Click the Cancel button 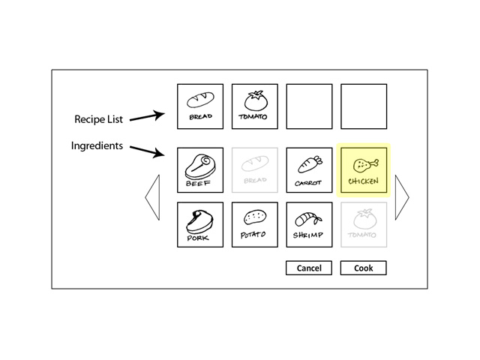click(309, 268)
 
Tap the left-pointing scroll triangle click(153, 198)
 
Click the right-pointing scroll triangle click(402, 198)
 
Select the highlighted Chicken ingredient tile click(364, 170)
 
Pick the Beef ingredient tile click(200, 170)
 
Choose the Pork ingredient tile click(200, 225)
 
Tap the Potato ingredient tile click(255, 225)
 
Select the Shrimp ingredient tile click(309, 225)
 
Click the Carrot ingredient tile click(309, 170)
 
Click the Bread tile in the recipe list click(200, 106)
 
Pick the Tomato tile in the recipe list click(255, 106)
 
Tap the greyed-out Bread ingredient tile click(255, 170)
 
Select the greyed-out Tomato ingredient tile click(364, 225)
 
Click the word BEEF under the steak click(199, 182)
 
